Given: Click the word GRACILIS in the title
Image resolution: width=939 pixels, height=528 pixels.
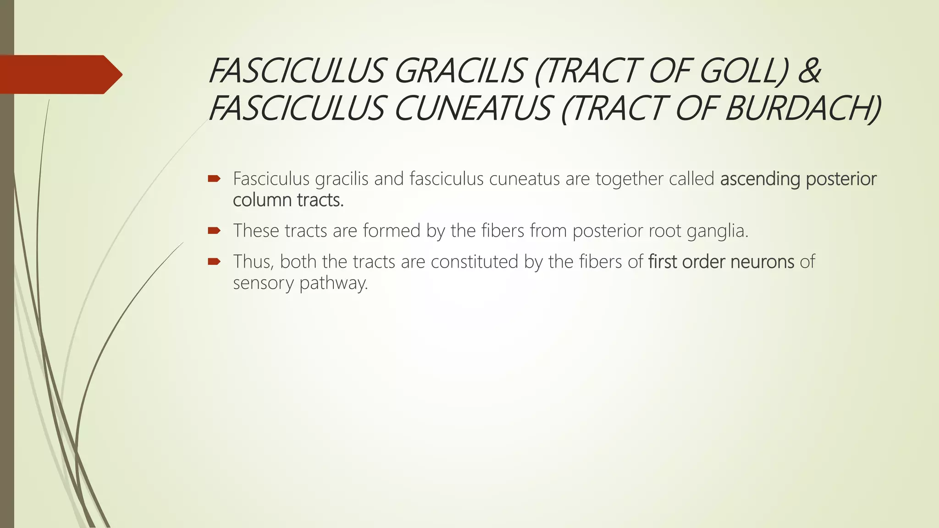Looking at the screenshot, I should (458, 71).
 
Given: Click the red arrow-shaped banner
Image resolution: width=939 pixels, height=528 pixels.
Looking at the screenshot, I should (60, 74).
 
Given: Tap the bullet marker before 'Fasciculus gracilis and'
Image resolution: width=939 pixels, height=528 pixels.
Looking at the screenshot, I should (214, 178).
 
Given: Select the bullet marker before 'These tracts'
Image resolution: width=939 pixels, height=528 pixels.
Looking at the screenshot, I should (214, 230).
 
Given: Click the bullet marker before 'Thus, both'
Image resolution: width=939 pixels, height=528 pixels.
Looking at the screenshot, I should (214, 261).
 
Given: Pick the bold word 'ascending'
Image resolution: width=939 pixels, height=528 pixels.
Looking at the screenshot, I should (760, 179).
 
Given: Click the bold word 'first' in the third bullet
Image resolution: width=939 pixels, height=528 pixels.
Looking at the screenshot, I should (663, 262).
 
